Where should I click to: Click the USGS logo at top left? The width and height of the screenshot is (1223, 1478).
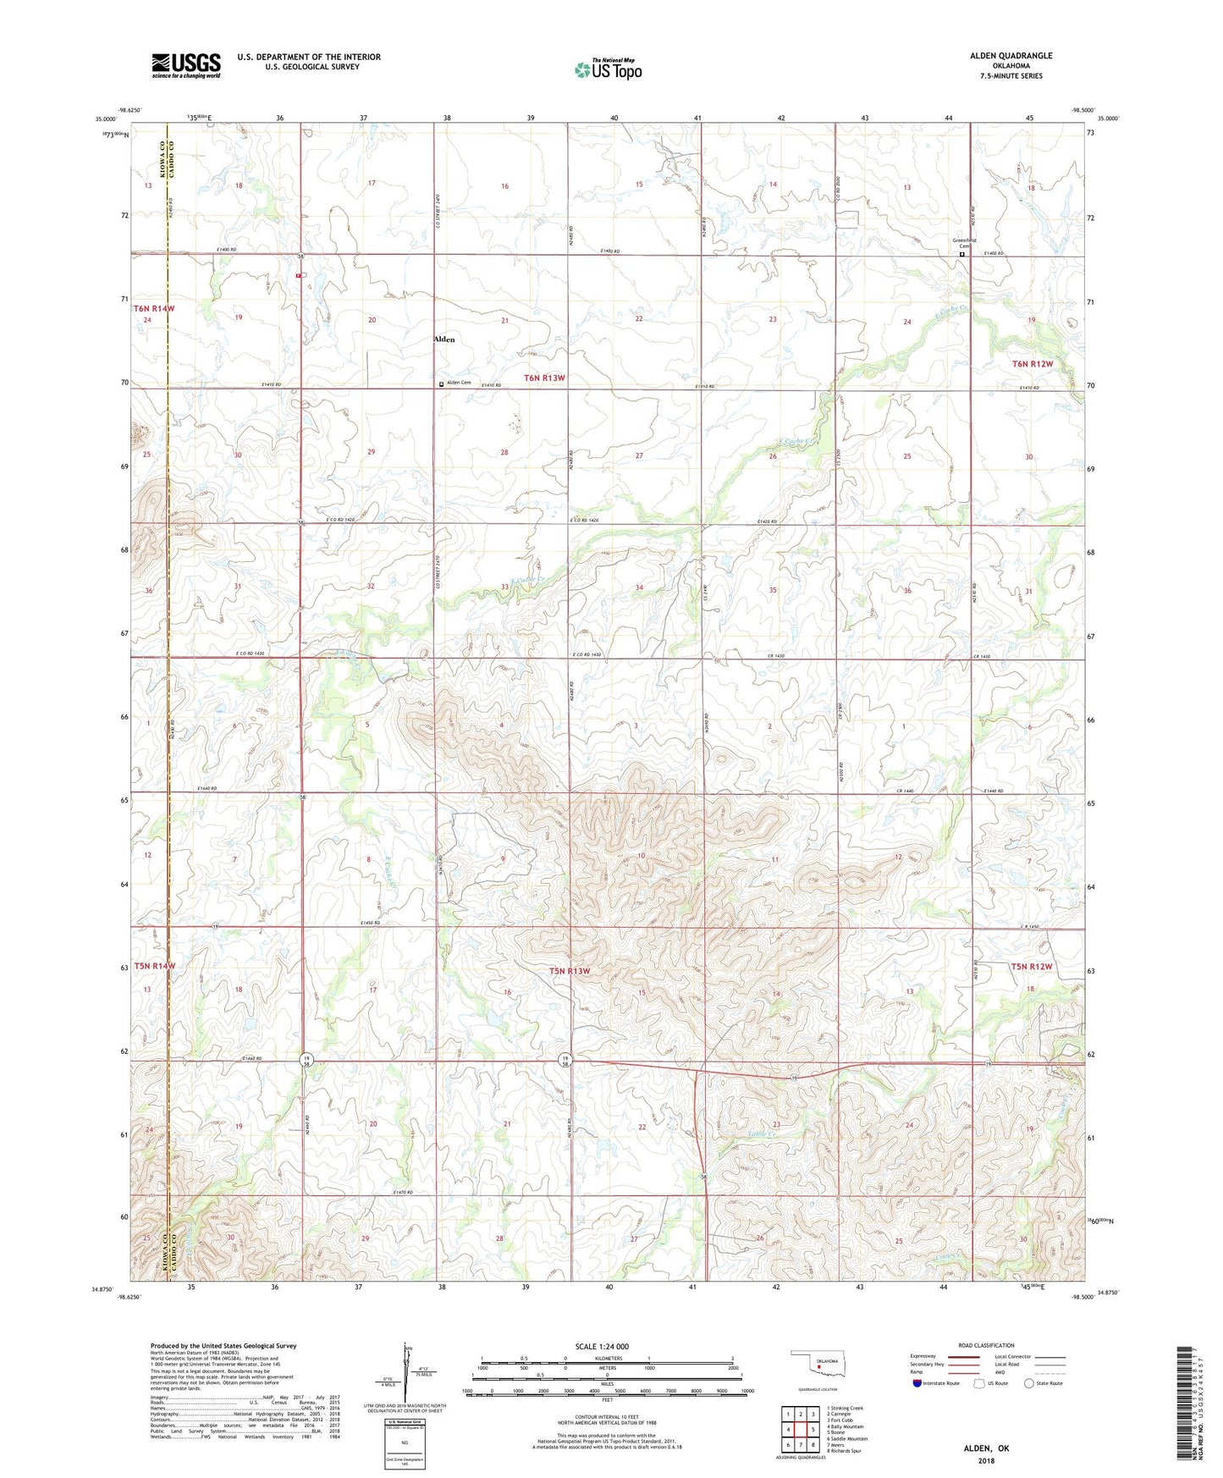click(x=186, y=64)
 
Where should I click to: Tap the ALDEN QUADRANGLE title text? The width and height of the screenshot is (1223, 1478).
click(x=1011, y=56)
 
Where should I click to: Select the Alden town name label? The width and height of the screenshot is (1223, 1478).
click(x=443, y=339)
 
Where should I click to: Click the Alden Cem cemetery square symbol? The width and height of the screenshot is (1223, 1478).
click(x=441, y=383)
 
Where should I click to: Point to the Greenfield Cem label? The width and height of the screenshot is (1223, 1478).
click(x=963, y=243)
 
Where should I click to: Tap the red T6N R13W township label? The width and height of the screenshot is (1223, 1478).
click(x=544, y=378)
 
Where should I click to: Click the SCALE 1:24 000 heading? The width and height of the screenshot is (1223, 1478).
click(x=602, y=1346)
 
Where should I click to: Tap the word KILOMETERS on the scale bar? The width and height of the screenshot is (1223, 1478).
click(x=607, y=1358)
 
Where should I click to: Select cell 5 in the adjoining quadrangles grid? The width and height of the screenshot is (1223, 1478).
click(x=813, y=1430)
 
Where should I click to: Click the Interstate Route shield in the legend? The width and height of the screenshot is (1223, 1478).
click(x=918, y=1383)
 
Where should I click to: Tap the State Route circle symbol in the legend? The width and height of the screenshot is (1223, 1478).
click(x=1029, y=1383)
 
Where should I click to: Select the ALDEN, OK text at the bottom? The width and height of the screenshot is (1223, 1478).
click(x=986, y=1448)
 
